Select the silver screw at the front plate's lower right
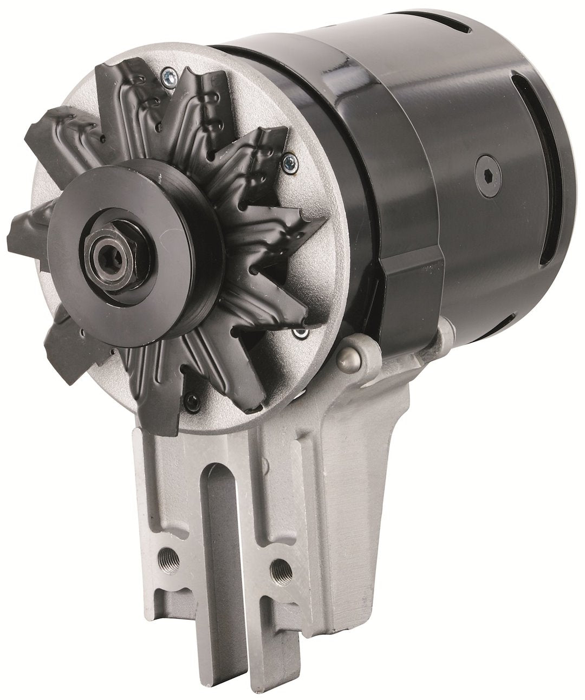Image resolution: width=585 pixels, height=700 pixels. point(297,332)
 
